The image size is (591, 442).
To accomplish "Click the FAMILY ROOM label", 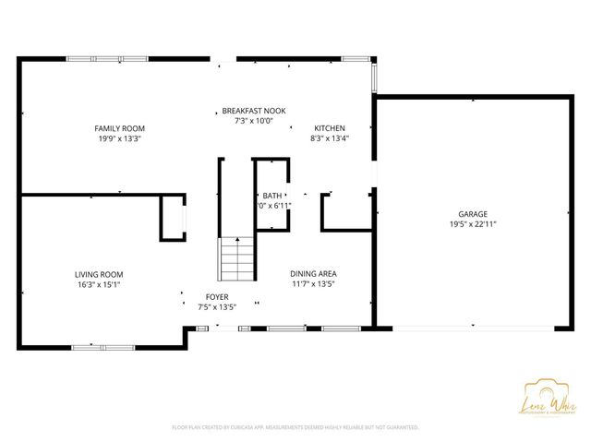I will (x=119, y=128).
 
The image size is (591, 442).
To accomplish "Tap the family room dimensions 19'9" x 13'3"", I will (x=119, y=139).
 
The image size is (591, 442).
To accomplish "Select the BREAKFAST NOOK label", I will (x=253, y=110).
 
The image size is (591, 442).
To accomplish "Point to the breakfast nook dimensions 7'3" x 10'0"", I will (x=253, y=121).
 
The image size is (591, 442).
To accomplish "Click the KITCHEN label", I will (x=330, y=128).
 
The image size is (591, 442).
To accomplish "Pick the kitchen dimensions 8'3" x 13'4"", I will (x=330, y=139).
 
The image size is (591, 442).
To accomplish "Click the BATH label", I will (x=272, y=196).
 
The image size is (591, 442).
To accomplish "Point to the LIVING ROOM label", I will (x=99, y=274).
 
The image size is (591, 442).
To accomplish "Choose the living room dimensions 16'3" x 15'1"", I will (x=99, y=285).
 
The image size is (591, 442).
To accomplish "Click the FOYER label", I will (x=217, y=296).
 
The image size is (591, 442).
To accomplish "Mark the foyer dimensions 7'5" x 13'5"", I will (x=217, y=307).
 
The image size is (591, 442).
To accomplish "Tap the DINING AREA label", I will (x=313, y=274).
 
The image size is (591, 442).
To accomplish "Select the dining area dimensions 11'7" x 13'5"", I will (x=313, y=285).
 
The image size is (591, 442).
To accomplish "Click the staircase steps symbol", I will (x=235, y=259).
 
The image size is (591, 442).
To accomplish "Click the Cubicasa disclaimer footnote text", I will (x=295, y=427).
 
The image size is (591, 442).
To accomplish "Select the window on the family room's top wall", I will (x=107, y=59).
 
